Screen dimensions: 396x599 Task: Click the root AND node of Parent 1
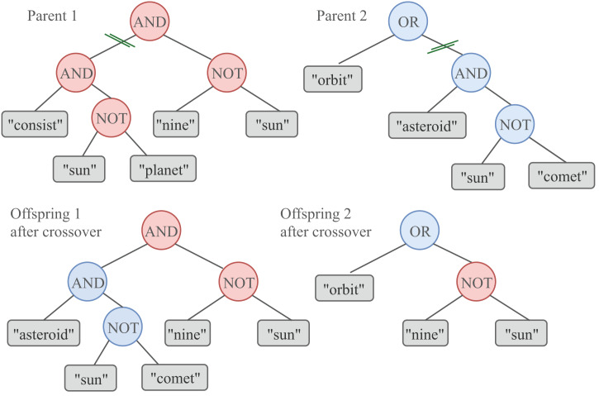[x=149, y=22]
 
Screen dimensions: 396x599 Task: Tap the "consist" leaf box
[x=34, y=124]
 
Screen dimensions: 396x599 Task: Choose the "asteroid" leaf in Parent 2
[x=423, y=125]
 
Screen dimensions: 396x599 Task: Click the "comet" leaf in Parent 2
[x=563, y=175]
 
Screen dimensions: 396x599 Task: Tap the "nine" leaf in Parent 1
[x=179, y=124]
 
